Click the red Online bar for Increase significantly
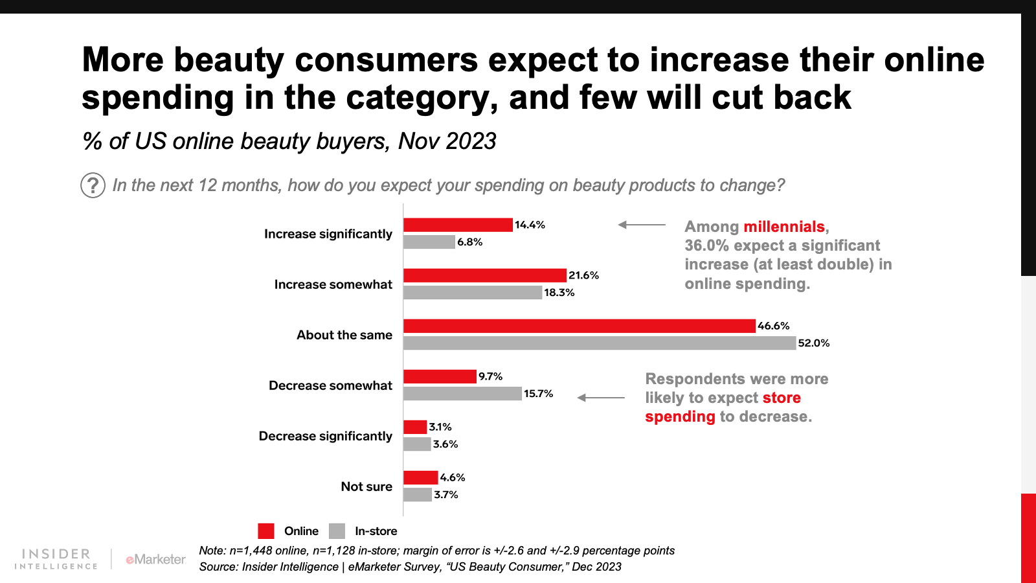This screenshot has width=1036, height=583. (x=458, y=225)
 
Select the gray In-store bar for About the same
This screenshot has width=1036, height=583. (x=599, y=343)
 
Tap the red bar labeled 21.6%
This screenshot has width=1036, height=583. (x=484, y=275)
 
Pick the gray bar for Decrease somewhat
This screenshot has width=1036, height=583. (x=462, y=394)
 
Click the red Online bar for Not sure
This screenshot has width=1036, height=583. (x=420, y=477)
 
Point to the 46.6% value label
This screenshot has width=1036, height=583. (x=774, y=326)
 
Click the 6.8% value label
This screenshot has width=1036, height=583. (x=470, y=242)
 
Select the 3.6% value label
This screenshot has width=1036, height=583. (x=445, y=444)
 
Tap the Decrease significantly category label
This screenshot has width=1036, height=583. (x=326, y=436)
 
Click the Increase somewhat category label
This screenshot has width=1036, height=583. (x=333, y=284)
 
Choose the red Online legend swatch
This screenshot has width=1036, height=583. (x=266, y=531)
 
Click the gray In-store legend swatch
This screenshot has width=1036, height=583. (x=337, y=531)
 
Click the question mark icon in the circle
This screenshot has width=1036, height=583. (x=93, y=185)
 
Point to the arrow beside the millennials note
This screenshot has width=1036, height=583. (x=641, y=225)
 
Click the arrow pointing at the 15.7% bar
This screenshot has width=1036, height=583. (x=601, y=398)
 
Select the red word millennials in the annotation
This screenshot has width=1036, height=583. (x=783, y=227)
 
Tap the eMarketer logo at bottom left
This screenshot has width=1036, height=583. (x=155, y=559)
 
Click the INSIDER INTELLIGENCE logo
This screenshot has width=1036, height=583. (x=56, y=559)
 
